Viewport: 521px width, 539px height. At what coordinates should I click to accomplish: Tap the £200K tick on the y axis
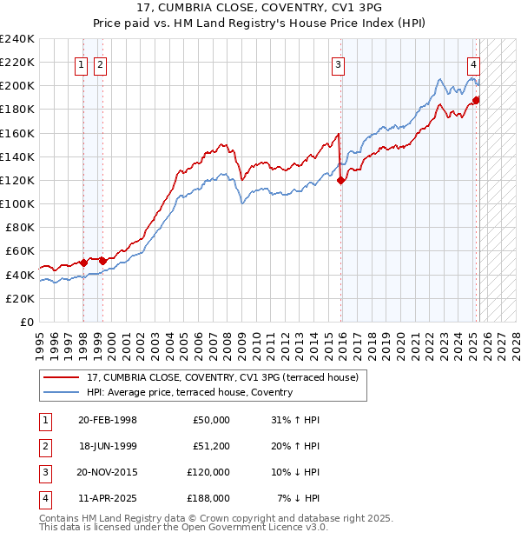pyautogui.click(x=17, y=85)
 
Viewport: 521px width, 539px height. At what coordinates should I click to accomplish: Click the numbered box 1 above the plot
pyautogui.click(x=81, y=63)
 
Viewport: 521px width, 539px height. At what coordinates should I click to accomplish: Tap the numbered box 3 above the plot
pyautogui.click(x=338, y=63)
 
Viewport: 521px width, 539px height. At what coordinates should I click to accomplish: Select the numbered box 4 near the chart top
pyautogui.click(x=474, y=63)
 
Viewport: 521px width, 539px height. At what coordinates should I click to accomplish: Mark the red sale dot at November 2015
pyautogui.click(x=341, y=181)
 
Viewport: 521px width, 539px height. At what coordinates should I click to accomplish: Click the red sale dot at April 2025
pyautogui.click(x=476, y=100)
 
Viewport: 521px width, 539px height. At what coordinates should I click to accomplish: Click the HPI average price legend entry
pyautogui.click(x=189, y=392)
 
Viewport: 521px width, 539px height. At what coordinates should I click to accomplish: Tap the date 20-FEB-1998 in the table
pyautogui.click(x=107, y=420)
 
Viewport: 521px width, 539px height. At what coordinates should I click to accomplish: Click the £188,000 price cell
pyautogui.click(x=208, y=498)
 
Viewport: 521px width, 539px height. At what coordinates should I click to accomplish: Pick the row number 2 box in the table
pyautogui.click(x=44, y=446)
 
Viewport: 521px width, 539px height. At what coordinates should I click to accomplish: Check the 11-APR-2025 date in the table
pyautogui.click(x=107, y=498)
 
